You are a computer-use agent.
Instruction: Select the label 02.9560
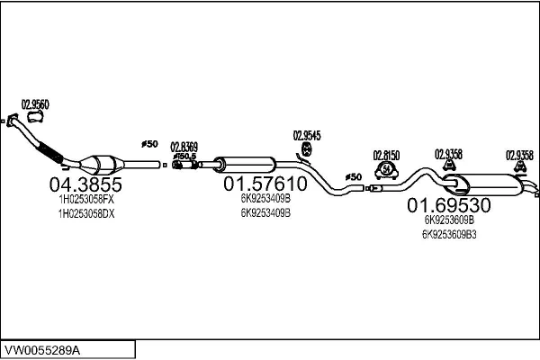tap(35, 103)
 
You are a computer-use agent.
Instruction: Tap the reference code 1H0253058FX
tap(85, 200)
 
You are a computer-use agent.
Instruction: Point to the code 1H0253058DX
tap(85, 214)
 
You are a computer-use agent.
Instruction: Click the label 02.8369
tap(184, 147)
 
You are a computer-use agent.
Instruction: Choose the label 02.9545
tap(307, 135)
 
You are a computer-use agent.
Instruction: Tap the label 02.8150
tap(386, 155)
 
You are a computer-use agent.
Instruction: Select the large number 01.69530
tap(449, 203)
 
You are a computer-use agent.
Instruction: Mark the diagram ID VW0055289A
tap(42, 349)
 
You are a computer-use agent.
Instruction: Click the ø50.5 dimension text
tap(185, 157)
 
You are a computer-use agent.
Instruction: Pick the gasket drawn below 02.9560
tap(36, 116)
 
